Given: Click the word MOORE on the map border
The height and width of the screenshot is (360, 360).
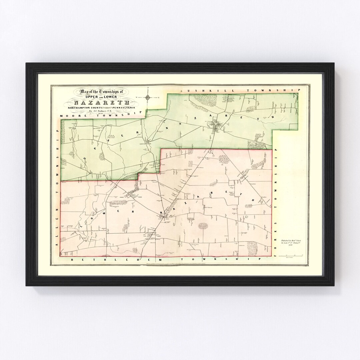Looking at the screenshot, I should pos(71,116).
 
